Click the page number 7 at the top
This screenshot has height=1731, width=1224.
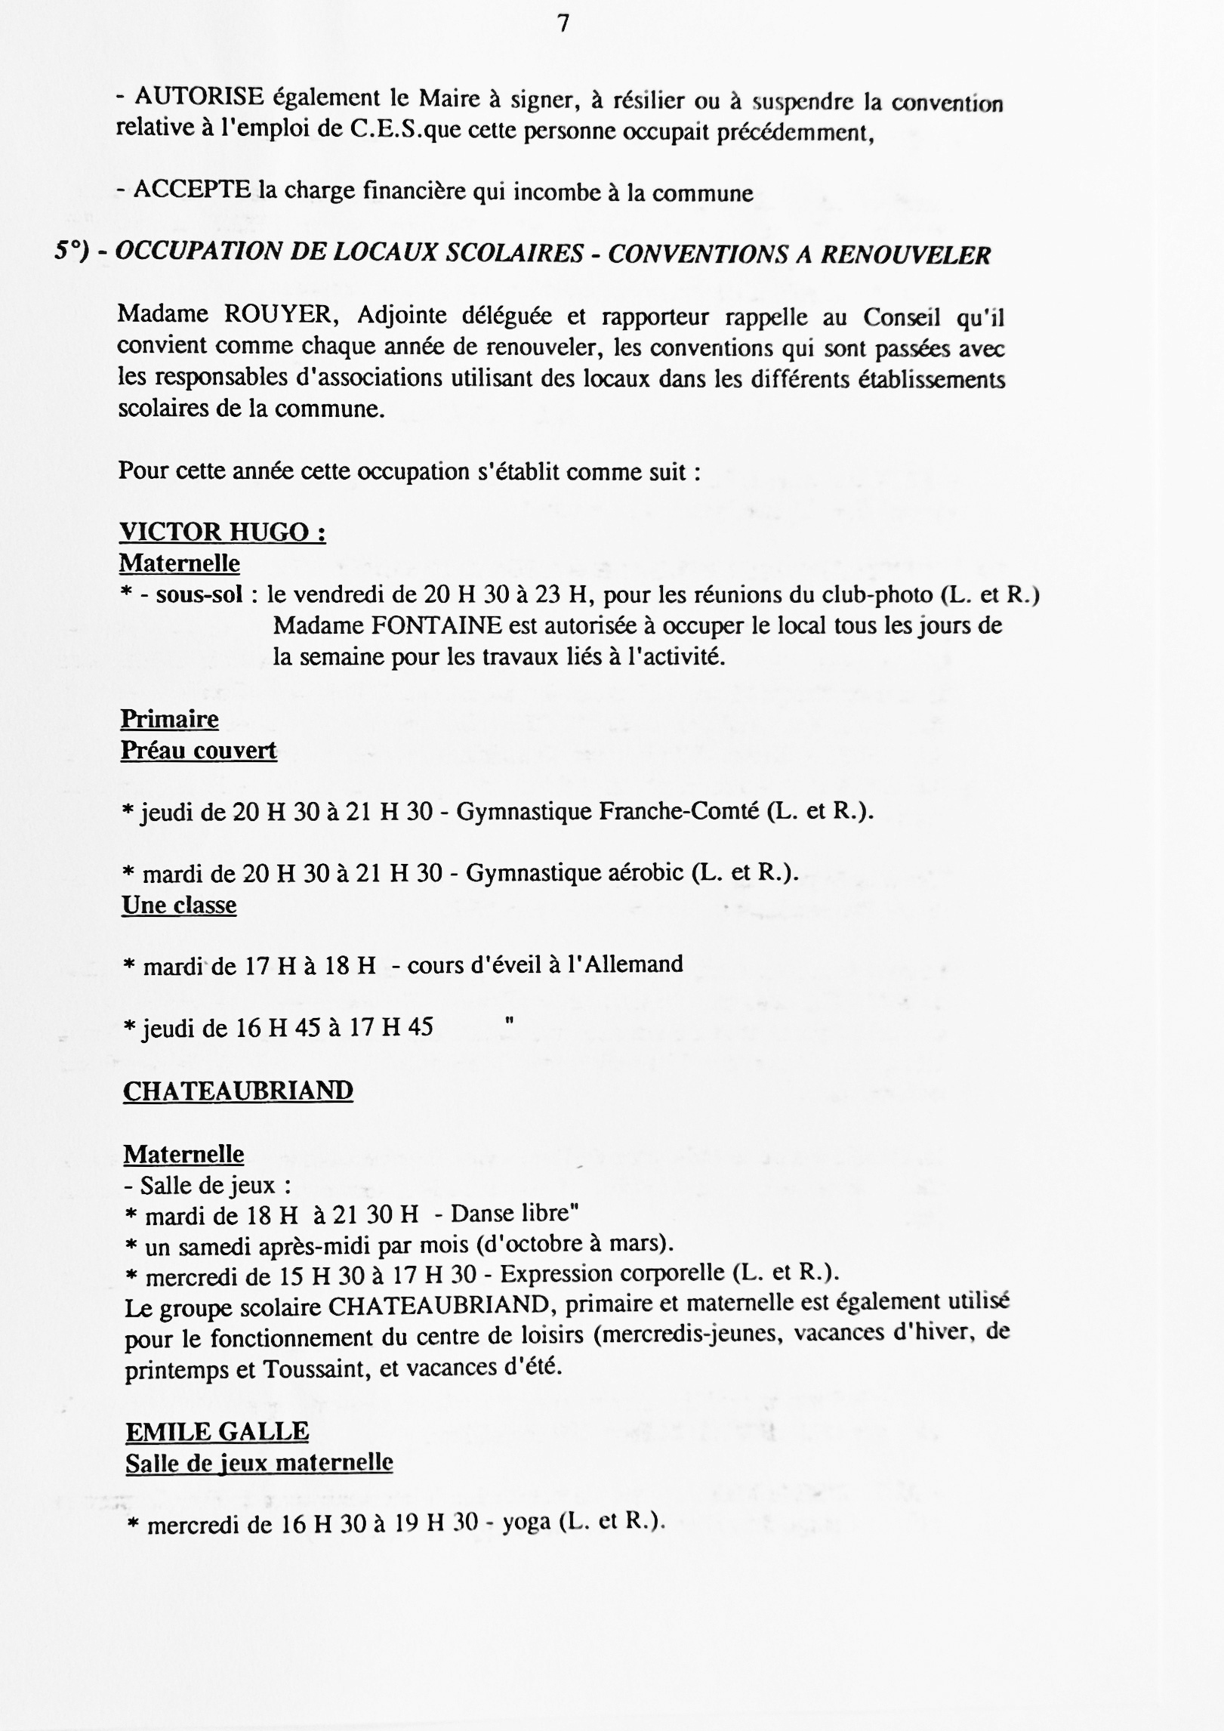(x=563, y=25)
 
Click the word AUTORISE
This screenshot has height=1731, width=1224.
(x=199, y=97)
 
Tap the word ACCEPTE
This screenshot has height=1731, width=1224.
(x=192, y=190)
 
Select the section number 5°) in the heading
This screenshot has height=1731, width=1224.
(x=72, y=252)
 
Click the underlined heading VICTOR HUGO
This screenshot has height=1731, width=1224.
(x=222, y=532)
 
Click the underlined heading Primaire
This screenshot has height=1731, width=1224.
(x=169, y=718)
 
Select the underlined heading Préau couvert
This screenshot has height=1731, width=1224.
(x=199, y=750)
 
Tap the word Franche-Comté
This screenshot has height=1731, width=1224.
(x=679, y=811)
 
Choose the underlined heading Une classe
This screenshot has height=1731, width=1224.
(x=179, y=905)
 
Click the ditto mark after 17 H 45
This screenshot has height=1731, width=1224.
(x=509, y=1021)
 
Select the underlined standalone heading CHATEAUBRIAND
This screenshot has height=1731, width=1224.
(x=238, y=1091)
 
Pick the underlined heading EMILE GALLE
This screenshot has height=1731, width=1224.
(x=217, y=1431)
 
